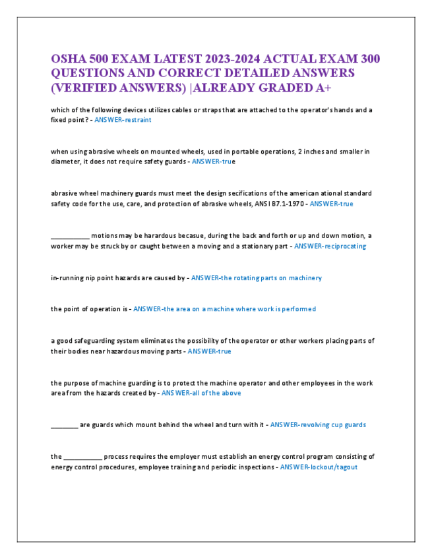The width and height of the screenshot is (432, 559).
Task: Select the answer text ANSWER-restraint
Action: click(x=123, y=120)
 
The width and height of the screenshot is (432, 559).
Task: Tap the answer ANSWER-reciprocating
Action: click(x=330, y=246)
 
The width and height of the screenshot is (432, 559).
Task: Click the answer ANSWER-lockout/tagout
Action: click(x=319, y=467)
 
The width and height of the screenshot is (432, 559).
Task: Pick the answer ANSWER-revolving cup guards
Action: click(x=318, y=425)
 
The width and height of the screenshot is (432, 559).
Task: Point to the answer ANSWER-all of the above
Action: click(x=201, y=393)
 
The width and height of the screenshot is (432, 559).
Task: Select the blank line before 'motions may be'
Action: click(x=70, y=236)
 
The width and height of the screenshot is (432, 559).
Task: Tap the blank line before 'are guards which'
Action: click(x=64, y=425)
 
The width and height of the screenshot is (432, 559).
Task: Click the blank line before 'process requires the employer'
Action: click(x=82, y=457)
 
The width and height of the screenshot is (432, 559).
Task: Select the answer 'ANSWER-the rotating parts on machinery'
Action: click(x=256, y=278)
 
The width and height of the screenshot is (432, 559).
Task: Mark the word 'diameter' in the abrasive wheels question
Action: click(x=65, y=162)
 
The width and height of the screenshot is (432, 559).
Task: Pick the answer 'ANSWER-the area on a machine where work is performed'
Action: click(x=224, y=309)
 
